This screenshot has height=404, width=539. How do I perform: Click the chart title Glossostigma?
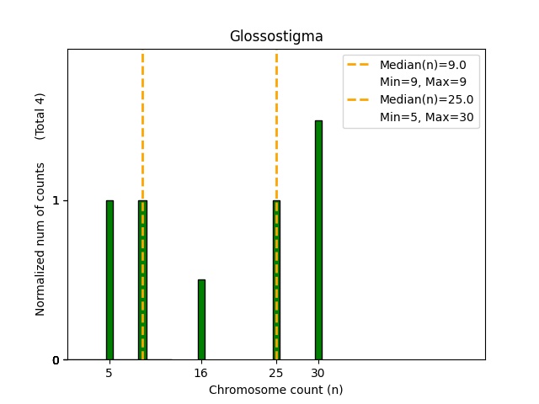[276, 37]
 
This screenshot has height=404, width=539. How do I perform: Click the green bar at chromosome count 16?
[201, 320]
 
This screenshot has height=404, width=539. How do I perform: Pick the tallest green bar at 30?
[318, 240]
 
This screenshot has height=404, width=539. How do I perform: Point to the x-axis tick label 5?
[109, 372]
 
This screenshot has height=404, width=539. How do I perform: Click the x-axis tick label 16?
[201, 372]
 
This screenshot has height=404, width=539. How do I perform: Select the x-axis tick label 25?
[276, 372]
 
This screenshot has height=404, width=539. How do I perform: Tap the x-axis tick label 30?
[318, 372]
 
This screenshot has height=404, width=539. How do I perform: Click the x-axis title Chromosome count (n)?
[276, 390]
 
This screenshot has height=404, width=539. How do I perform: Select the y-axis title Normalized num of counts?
[40, 240]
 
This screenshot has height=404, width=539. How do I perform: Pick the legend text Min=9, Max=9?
[423, 82]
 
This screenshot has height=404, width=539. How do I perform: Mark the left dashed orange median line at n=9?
[142, 126]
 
